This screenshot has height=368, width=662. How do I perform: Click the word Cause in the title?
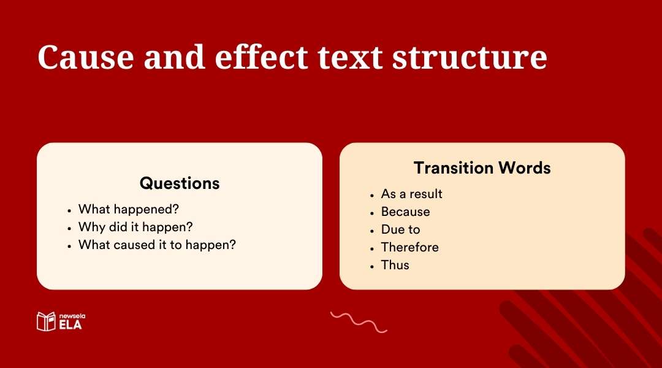tap(85, 57)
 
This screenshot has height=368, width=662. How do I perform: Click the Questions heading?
tap(179, 183)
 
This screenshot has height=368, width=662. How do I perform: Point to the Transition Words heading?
tap(482, 167)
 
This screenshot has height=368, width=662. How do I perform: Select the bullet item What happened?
tap(129, 209)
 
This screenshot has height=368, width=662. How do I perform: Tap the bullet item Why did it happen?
tap(135, 227)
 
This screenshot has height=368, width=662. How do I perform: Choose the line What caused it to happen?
tap(157, 245)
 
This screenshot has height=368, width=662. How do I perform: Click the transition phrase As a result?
tap(411, 194)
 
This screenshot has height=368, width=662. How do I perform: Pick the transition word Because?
tap(405, 212)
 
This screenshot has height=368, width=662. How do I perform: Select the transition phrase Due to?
tap(400, 229)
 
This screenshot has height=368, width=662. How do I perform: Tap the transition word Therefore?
tap(409, 247)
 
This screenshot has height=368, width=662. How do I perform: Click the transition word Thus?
tap(395, 265)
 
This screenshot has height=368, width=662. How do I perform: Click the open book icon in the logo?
tap(46, 321)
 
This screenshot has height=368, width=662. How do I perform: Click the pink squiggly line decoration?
tap(359, 322)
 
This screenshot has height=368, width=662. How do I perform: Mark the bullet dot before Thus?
tap(372, 266)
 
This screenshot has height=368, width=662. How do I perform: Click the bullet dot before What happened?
tap(69, 210)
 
